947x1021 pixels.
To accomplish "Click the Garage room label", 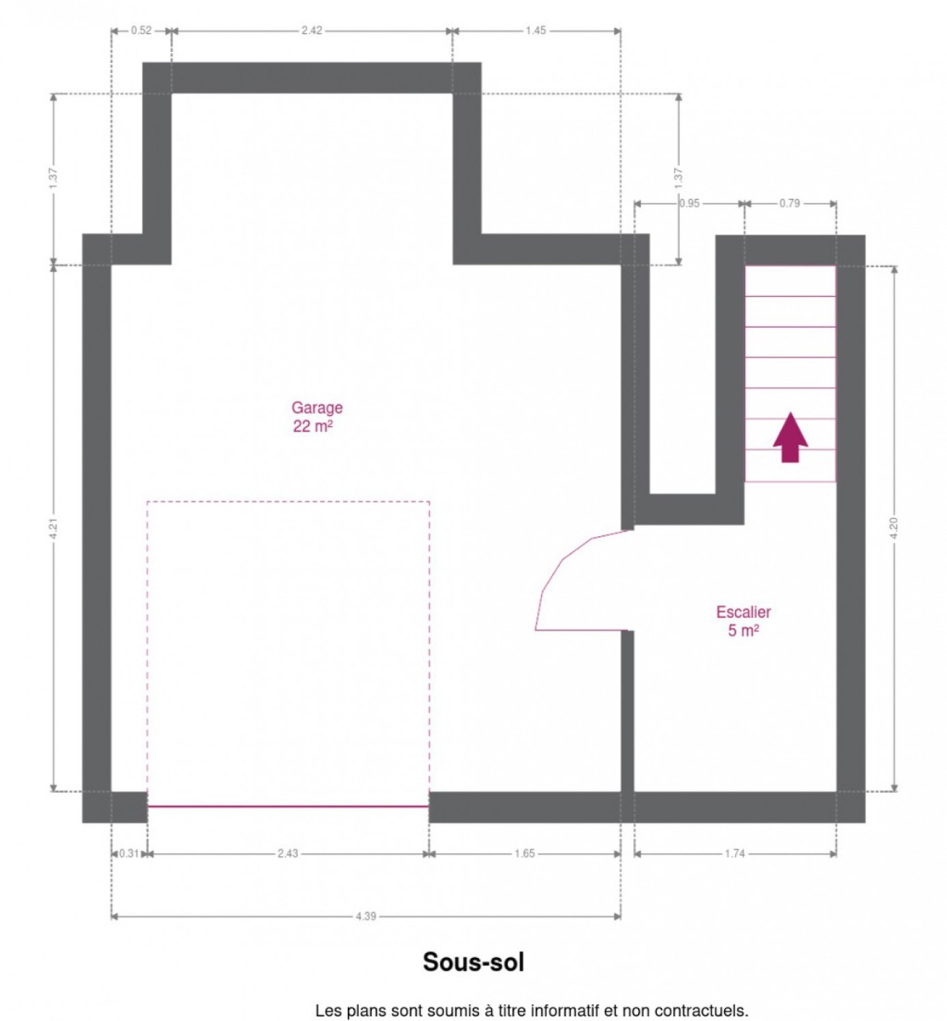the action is click(x=317, y=408).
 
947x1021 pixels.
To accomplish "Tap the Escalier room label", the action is click(x=743, y=612).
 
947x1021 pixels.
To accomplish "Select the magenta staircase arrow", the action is click(x=790, y=437).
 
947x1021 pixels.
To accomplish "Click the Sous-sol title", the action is click(x=473, y=961).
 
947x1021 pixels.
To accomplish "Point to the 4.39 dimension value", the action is click(x=366, y=916).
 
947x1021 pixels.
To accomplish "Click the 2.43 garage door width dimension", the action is click(x=288, y=853).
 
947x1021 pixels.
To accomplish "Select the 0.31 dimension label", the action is click(x=128, y=853).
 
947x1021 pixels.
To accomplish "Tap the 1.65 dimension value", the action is click(x=524, y=853).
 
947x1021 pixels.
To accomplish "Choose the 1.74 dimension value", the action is click(x=734, y=853).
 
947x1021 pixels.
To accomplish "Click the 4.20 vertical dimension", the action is click(x=893, y=528).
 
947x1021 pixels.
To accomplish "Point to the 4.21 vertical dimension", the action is click(x=54, y=529).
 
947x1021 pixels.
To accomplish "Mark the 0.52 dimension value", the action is click(x=141, y=31).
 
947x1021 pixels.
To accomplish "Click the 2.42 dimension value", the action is click(x=311, y=31).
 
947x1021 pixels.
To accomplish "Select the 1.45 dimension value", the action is click(x=535, y=31).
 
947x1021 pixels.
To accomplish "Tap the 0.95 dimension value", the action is click(x=689, y=203).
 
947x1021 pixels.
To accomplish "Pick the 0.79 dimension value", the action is click(x=790, y=203).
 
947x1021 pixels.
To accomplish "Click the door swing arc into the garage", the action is click(x=562, y=559).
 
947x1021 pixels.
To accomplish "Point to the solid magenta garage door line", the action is click(x=288, y=807).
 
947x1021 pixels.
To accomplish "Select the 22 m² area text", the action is click(x=312, y=425).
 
